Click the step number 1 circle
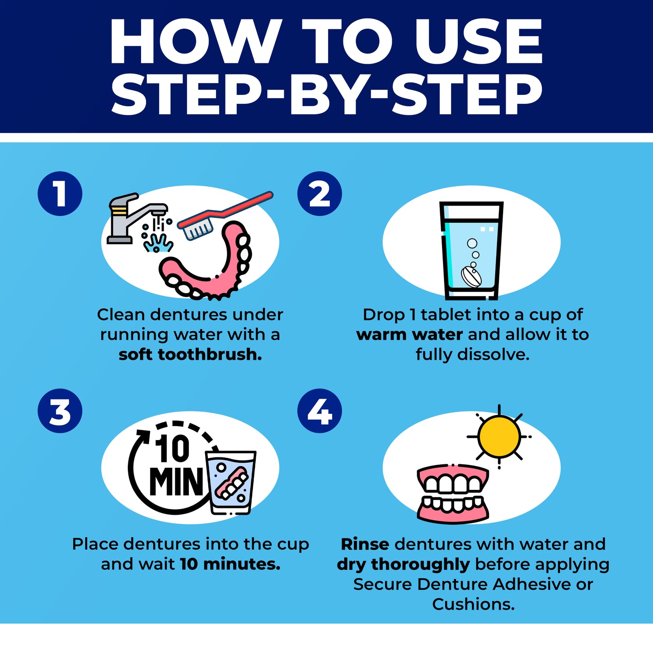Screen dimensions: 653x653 click(60, 193)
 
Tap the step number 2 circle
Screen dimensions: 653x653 click(319, 193)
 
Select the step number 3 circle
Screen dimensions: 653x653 click(60, 410)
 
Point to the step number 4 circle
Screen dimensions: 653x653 click(319, 410)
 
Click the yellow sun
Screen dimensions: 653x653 click(499, 437)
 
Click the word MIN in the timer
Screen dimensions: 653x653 click(176, 482)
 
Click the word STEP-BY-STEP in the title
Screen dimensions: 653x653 click(327, 94)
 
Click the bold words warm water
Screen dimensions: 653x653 click(410, 335)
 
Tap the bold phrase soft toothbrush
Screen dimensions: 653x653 click(190, 354)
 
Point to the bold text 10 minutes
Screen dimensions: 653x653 click(230, 564)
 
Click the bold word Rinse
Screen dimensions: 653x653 click(365, 544)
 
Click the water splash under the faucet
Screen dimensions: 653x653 click(158, 242)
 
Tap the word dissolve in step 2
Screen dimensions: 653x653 click(493, 354)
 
